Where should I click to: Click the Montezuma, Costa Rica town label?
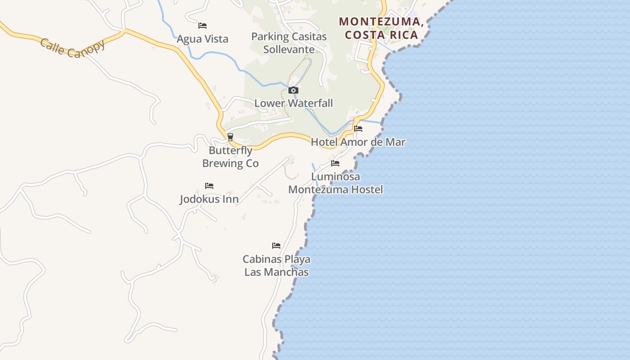coord(381,28)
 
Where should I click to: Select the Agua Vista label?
coord(202,39)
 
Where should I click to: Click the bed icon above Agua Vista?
coord(202,26)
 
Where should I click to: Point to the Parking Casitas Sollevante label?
coord(289,43)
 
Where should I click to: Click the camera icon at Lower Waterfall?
coord(293,90)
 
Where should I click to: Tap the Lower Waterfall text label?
coord(293,103)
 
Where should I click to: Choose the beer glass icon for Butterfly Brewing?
coord(230,137)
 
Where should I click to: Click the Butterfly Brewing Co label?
coord(230,157)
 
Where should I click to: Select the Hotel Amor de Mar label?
coord(358,142)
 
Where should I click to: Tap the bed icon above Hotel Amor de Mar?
coord(358,129)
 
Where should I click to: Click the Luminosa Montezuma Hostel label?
coord(336,183)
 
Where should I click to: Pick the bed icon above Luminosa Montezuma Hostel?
coord(335,163)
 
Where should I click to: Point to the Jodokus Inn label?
coord(209,199)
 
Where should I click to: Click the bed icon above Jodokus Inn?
coord(209,185)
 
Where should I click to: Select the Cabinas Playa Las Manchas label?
coord(276,265)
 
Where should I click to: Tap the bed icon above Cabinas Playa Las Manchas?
coord(276,246)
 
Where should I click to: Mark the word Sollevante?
coord(289,49)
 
